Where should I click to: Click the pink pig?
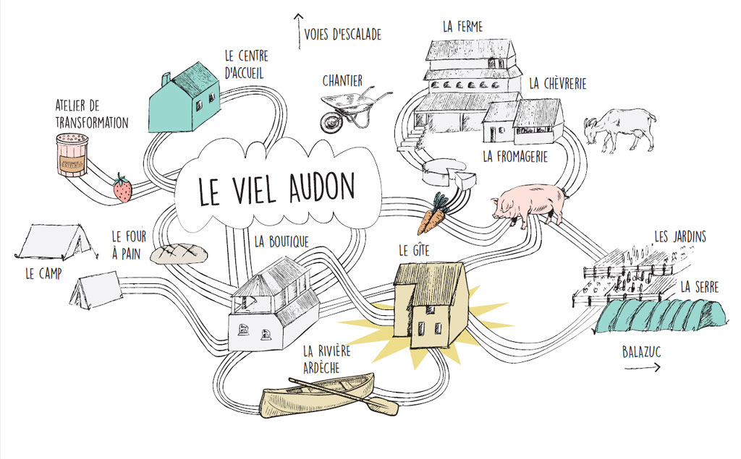click(x=529, y=205)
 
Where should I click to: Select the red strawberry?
click(x=122, y=188)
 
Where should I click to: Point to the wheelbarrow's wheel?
click(x=331, y=122)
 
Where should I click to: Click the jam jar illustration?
click(x=72, y=155)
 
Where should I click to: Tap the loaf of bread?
click(x=179, y=254)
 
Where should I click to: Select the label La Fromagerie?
click(x=515, y=156)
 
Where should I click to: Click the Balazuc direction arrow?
click(x=643, y=367)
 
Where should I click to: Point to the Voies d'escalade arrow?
click(x=298, y=31)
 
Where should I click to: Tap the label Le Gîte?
click(x=414, y=250)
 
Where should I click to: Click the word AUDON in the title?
click(x=321, y=187)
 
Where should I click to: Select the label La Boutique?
click(x=281, y=241)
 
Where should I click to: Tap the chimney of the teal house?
click(x=166, y=80)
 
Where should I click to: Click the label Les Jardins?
click(x=680, y=236)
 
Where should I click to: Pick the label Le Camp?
click(x=43, y=273)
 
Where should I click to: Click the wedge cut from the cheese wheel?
click(x=465, y=181)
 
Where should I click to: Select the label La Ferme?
click(x=462, y=27)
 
